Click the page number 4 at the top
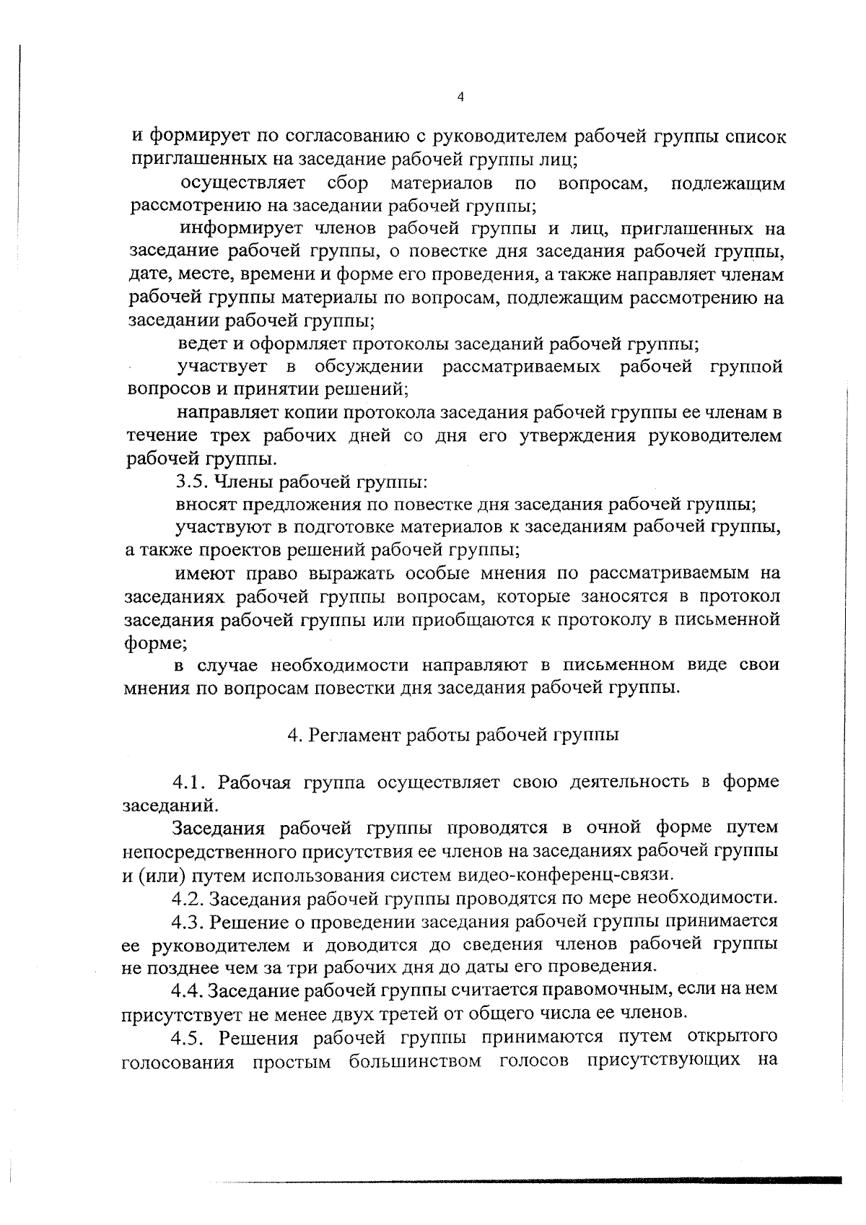[x=460, y=98]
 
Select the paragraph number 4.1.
[x=189, y=783]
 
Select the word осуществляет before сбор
[x=243, y=184]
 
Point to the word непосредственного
[x=218, y=852]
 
